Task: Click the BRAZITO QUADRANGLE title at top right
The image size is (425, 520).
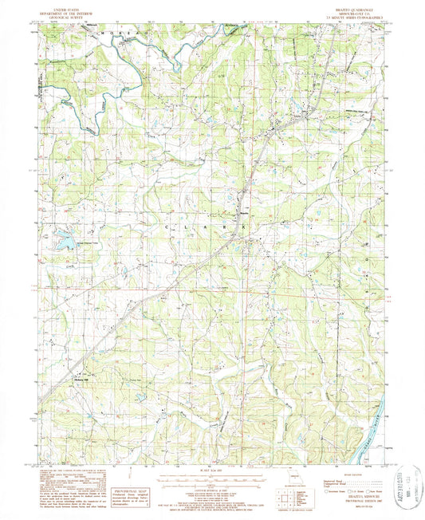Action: (352, 6)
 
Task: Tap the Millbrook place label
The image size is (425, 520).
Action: (90, 34)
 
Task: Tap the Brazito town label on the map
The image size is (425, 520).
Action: (244, 212)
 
